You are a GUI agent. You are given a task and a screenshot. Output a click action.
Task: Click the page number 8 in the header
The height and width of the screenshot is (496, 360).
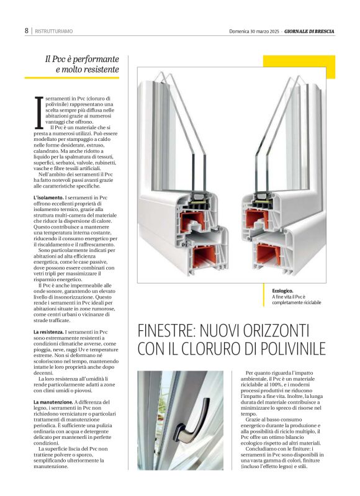coord(27,30)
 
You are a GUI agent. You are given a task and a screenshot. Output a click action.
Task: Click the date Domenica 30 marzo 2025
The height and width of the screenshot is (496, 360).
coord(254,30)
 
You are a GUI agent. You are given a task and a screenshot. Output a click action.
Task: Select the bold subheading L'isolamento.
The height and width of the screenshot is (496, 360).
coord(48,197)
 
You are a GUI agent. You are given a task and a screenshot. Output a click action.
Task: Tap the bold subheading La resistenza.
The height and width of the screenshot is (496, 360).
coord(48,333)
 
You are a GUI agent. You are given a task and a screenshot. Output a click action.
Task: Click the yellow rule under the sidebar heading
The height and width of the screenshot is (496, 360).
coord(71,78)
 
